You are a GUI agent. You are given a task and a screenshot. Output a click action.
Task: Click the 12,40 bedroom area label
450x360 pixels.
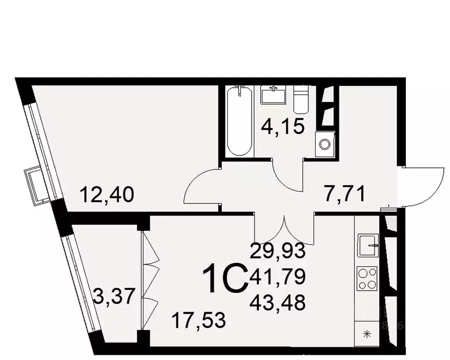click(x=107, y=194)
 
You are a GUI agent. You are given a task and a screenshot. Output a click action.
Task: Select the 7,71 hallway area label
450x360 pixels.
click(x=345, y=192)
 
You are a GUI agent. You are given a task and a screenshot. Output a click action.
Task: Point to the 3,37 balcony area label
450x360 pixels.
click(x=115, y=296)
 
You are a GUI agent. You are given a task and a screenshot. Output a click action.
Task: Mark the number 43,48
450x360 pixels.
click(x=278, y=302)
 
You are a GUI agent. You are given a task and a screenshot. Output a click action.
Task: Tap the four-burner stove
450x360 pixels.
click(x=367, y=278)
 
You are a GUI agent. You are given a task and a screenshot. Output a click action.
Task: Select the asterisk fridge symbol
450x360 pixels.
click(x=367, y=334)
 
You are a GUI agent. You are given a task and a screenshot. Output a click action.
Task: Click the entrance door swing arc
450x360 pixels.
click(x=424, y=185)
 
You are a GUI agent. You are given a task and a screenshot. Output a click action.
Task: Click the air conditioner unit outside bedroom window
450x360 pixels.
click(x=36, y=185)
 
